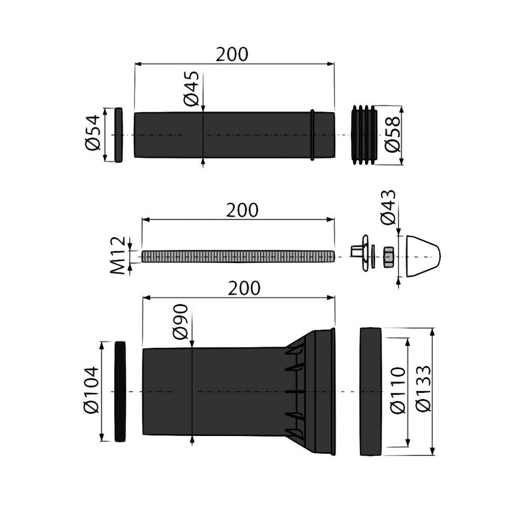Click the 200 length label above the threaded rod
pos(240,210)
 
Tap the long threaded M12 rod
pos(238,256)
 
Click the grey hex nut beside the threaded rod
pos(387,256)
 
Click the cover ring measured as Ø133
pos(372,392)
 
